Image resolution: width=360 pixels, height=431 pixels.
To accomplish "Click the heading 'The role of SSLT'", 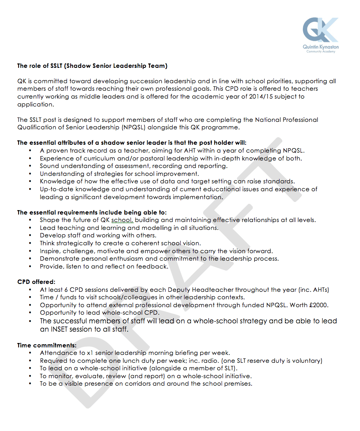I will [x=92, y=65].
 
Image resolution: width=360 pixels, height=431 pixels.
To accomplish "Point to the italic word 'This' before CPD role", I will [x=218, y=89].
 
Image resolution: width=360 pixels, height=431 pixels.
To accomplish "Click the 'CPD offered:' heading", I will [x=36, y=282].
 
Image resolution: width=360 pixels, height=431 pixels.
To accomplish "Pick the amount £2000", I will [x=318, y=305].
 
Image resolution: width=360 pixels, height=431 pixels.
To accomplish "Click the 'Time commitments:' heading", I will [x=47, y=345].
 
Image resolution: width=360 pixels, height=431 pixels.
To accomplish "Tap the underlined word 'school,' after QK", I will [x=122, y=220].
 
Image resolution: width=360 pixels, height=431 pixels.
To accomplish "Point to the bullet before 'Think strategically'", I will [x=30, y=243].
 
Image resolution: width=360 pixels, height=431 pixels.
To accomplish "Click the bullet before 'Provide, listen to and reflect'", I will [x=30, y=267].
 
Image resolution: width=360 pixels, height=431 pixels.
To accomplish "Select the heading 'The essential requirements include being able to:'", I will [x=92, y=213].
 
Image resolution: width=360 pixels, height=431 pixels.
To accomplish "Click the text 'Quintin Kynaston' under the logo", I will [x=321, y=47].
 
